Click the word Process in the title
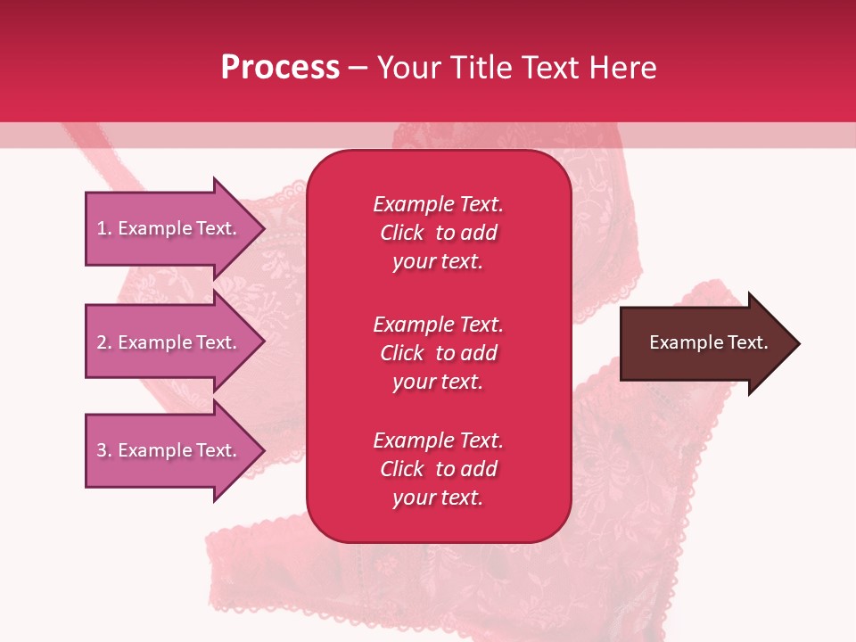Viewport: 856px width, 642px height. coord(280,68)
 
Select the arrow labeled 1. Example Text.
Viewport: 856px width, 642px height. coord(169,228)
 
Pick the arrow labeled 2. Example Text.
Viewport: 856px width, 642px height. coord(169,342)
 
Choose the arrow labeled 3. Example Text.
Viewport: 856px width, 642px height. coord(169,450)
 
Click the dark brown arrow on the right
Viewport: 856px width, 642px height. coord(704,343)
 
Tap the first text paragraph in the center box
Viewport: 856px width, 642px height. coord(438,233)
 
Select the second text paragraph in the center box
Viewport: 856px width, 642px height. coord(438,353)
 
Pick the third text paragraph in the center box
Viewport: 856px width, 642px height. coord(438,469)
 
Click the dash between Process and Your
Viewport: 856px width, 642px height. coord(358,68)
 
